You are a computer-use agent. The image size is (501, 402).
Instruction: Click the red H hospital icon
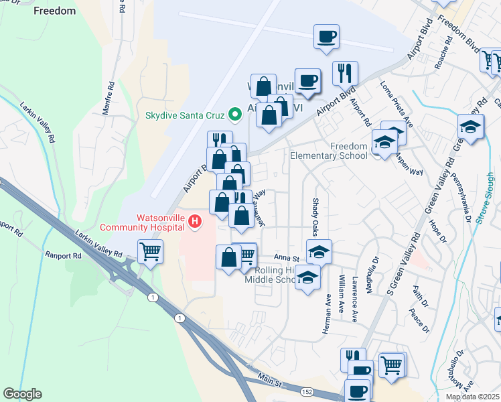[195, 220]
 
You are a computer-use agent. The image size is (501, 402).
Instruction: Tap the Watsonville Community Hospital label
[142, 222]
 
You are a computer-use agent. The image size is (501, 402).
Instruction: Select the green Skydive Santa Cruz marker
[234, 115]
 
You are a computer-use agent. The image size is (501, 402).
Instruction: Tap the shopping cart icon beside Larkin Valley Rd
[150, 252]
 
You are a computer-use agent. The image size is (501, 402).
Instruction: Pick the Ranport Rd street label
[63, 255]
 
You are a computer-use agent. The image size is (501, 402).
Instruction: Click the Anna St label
[286, 258]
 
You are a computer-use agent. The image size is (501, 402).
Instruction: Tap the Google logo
[23, 394]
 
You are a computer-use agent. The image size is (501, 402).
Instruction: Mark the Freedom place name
[54, 11]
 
